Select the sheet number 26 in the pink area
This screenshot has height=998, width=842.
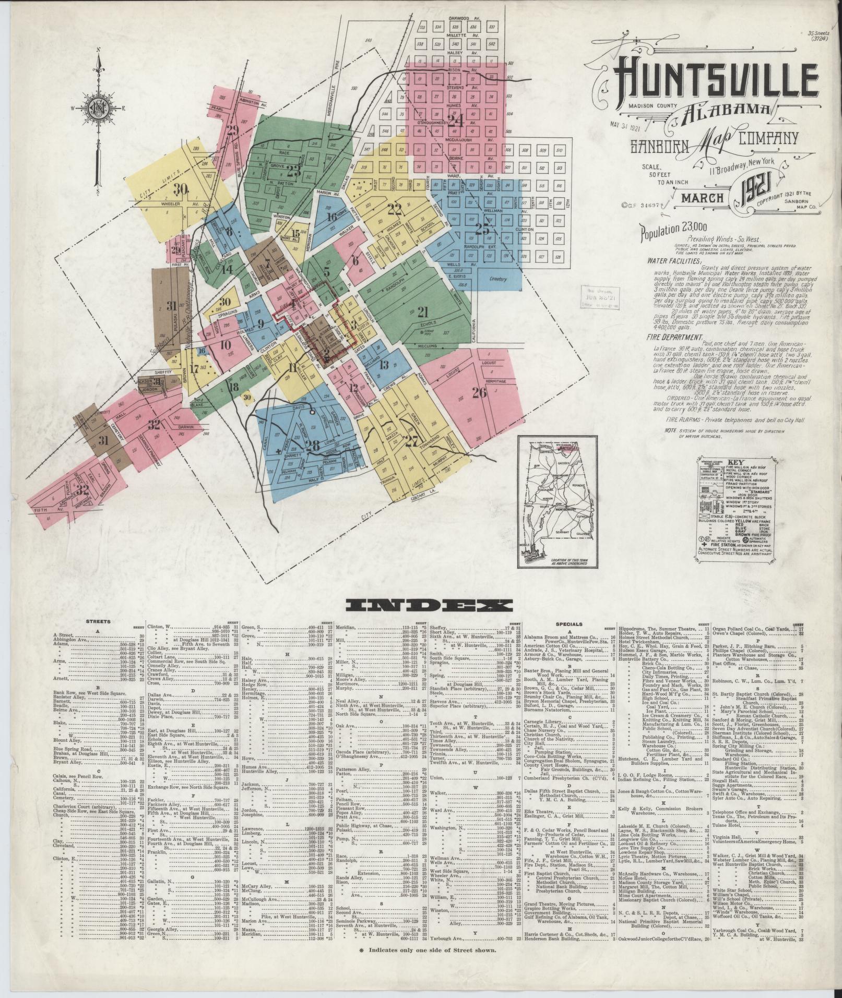click(479, 393)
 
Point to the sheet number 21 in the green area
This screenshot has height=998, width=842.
click(422, 312)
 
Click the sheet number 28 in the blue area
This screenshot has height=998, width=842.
click(313, 446)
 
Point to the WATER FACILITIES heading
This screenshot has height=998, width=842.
click(674, 260)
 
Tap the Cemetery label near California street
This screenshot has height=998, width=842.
click(499, 279)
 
